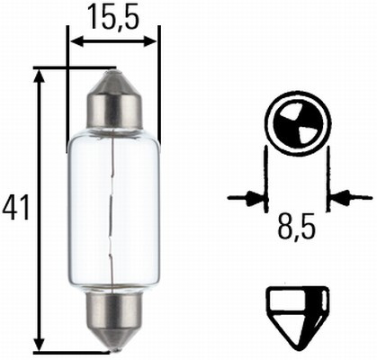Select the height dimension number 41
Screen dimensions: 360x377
(16, 209)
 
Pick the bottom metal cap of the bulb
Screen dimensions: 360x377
(113, 314)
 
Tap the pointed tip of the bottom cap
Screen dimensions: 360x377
(113, 346)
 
